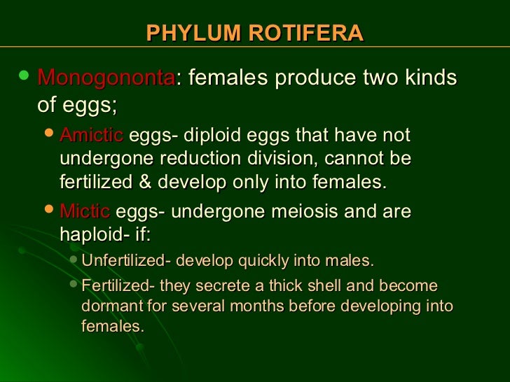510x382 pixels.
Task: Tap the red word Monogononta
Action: pos(106,78)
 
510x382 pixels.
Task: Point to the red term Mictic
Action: pos(85,211)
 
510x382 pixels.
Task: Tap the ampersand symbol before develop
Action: pos(145,183)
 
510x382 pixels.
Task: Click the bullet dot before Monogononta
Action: pos(26,76)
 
